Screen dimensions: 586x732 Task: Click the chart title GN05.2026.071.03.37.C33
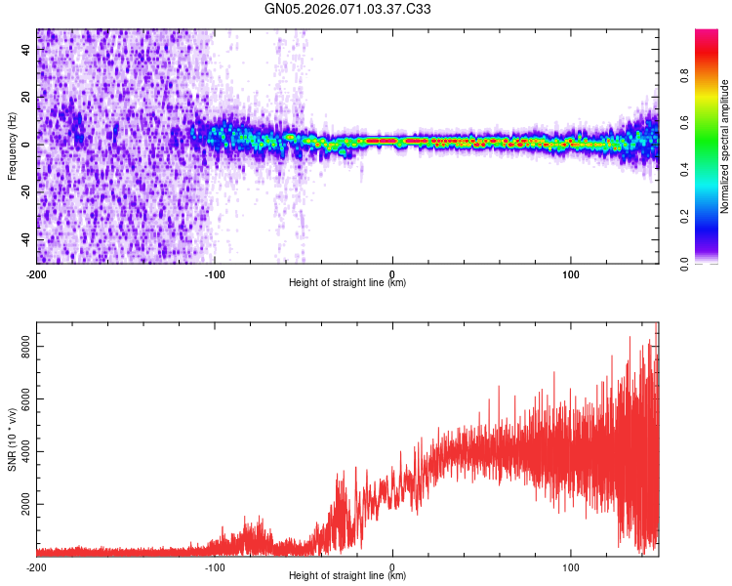coord(347,9)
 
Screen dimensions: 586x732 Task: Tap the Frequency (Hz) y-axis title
coord(12,146)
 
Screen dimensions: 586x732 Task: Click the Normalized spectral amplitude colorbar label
coord(724,146)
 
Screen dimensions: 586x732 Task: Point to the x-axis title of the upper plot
coord(347,283)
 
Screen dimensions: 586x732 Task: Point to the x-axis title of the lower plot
coord(347,576)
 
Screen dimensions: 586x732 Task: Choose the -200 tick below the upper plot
coord(36,273)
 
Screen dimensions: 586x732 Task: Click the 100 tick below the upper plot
coord(571,273)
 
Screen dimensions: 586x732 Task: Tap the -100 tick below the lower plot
coord(215,566)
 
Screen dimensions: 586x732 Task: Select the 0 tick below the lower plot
coord(392,566)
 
